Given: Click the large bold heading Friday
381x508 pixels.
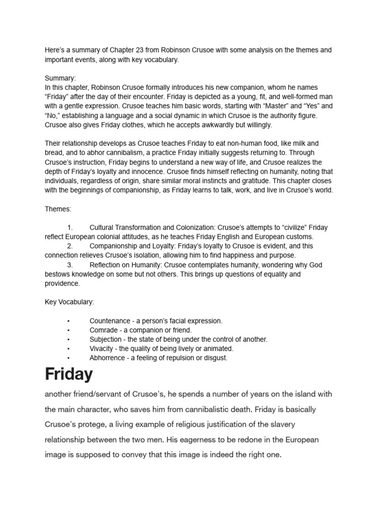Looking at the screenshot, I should [x=68, y=374].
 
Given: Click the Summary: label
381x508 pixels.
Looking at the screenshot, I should [x=61, y=78].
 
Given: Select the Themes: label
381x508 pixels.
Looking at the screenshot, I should [x=58, y=209].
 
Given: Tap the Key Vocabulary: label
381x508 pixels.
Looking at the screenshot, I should [x=69, y=302].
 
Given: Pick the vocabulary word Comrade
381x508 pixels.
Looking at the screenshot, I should [x=103, y=330].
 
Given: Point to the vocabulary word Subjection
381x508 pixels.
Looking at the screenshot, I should [x=105, y=339].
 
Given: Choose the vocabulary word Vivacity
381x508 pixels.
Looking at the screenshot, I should [x=102, y=349].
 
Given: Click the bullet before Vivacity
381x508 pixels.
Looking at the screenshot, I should [x=68, y=349].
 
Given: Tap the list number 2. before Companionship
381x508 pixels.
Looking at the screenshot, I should [x=70, y=246].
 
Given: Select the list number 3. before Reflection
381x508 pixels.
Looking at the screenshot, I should [x=70, y=265].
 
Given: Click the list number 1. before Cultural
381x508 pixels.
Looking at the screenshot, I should [x=70, y=228].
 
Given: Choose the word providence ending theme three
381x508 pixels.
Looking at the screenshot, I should [x=62, y=284].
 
